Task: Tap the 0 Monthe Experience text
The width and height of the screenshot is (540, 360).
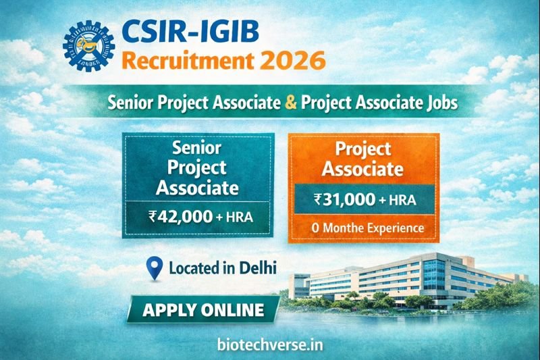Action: tap(367, 228)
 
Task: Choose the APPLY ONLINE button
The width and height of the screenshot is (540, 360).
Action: tap(203, 311)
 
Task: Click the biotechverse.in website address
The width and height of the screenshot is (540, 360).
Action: tap(270, 344)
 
